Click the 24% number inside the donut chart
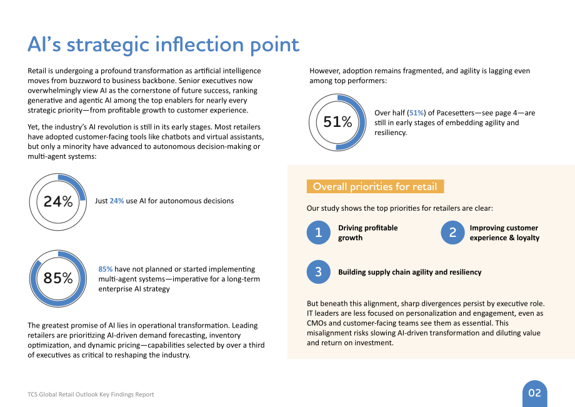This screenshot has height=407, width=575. coord(58,201)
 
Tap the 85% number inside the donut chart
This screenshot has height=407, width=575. coord(58,278)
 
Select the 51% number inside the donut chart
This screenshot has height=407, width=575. coord(337,122)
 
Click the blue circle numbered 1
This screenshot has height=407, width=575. coord(318,233)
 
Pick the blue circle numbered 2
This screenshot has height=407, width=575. coord(452,233)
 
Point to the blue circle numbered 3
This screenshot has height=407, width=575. coord(318,272)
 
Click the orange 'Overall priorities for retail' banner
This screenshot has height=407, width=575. coord(375,187)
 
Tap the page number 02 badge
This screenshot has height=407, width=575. coord(534,393)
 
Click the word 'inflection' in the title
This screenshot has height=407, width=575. coord(200,45)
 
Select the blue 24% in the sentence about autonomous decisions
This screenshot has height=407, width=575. coord(117,201)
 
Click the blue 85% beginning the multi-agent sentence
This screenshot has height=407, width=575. coord(105,269)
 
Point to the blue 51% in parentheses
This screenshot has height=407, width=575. coord(416,113)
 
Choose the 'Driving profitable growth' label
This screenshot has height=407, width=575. coord(367,233)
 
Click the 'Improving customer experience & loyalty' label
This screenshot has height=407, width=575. coord(504,233)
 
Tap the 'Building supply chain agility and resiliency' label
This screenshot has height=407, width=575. coord(409,272)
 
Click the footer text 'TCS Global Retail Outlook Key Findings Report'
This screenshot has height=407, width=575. coord(91,394)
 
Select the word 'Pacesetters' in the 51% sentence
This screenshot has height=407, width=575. coord(455,113)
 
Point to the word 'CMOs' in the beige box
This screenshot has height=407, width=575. coord(316,323)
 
